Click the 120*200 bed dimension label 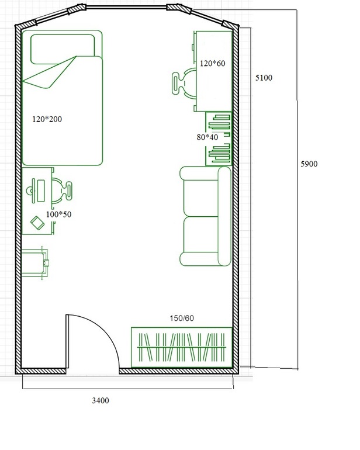tap(47, 119)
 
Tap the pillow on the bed tap(63, 49)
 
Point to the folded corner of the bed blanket tap(49, 72)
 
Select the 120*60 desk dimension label tap(213, 64)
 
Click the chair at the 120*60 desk tap(184, 83)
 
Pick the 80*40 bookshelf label tap(207, 137)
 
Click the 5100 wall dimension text tap(264, 78)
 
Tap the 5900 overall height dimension tap(309, 164)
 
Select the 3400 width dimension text tap(101, 400)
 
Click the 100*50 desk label tap(58, 214)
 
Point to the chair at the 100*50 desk tap(62, 191)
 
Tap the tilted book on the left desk tap(37, 223)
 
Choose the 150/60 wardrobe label tap(182, 318)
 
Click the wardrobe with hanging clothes tap(181, 347)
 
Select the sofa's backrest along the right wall tap(224, 216)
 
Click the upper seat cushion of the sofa tap(200, 198)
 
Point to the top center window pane tap(126, 7)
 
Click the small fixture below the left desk tap(35, 263)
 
